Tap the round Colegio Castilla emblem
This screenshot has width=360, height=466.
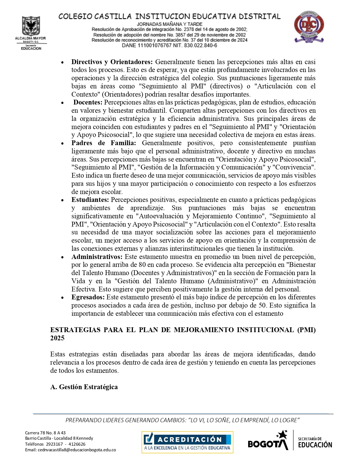click(309, 27)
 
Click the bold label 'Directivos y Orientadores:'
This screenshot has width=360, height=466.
click(112, 62)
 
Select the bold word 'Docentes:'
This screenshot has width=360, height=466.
click(88, 102)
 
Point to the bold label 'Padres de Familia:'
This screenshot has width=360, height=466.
click(104, 143)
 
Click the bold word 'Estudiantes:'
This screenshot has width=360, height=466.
click(90, 200)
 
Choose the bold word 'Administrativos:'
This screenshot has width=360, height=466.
click(97, 257)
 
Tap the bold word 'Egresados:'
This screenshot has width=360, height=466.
click(88, 297)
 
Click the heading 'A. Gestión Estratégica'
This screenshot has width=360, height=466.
click(84, 387)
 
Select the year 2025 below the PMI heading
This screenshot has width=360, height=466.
click(57, 338)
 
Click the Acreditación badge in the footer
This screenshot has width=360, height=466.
click(187, 442)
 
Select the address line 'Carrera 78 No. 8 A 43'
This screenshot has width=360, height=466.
click(45, 433)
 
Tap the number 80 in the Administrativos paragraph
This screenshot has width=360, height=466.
click(143, 265)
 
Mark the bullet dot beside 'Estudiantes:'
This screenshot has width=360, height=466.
click(63, 200)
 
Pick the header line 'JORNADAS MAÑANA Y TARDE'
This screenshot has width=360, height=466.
click(169, 24)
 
